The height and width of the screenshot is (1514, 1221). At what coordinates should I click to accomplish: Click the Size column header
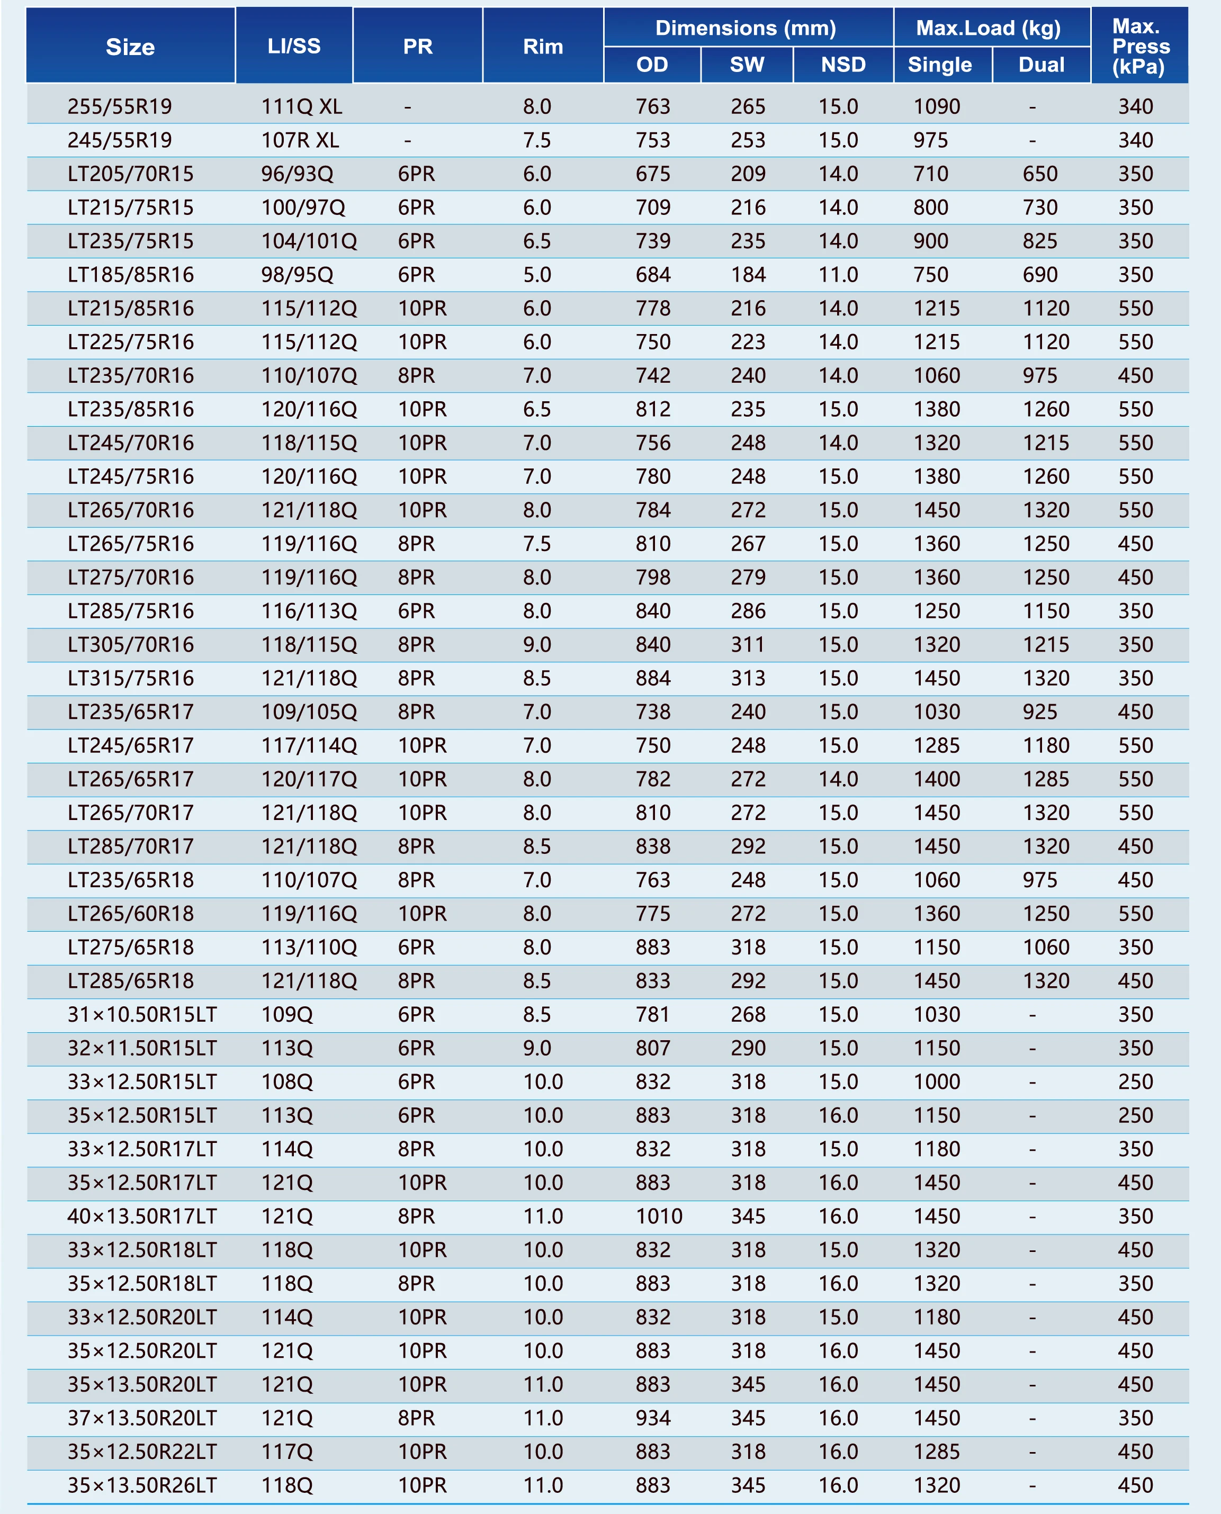(130, 47)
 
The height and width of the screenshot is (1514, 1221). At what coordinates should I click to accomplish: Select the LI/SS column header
(294, 47)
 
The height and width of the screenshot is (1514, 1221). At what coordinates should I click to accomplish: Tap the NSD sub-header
(843, 65)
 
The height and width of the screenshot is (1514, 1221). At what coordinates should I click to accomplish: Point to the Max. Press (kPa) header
(1140, 47)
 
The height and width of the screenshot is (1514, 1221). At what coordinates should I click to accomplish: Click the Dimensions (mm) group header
(746, 28)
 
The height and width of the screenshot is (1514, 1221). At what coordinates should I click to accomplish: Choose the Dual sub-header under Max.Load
(1041, 65)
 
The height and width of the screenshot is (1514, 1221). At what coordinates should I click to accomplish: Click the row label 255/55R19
(120, 107)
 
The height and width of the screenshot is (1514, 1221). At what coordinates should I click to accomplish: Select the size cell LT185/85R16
(131, 275)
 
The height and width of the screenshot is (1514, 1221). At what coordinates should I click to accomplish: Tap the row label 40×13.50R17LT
(142, 1216)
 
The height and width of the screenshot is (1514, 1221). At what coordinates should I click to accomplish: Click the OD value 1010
(659, 1216)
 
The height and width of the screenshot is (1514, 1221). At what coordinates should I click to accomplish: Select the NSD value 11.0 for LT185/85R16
(838, 275)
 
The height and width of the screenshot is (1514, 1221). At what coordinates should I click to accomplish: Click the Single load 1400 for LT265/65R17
(937, 779)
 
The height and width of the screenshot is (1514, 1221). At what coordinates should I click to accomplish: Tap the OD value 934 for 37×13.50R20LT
(653, 1418)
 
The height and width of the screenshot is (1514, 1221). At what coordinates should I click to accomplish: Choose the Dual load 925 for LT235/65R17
(1039, 711)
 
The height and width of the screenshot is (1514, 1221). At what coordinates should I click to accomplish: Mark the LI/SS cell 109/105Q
(309, 711)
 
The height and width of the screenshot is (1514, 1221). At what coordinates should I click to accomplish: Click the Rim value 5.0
(537, 275)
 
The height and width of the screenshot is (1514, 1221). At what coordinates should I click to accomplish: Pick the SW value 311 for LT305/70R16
(748, 645)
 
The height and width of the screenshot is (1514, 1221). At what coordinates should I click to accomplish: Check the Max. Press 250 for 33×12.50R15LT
(1135, 1082)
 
